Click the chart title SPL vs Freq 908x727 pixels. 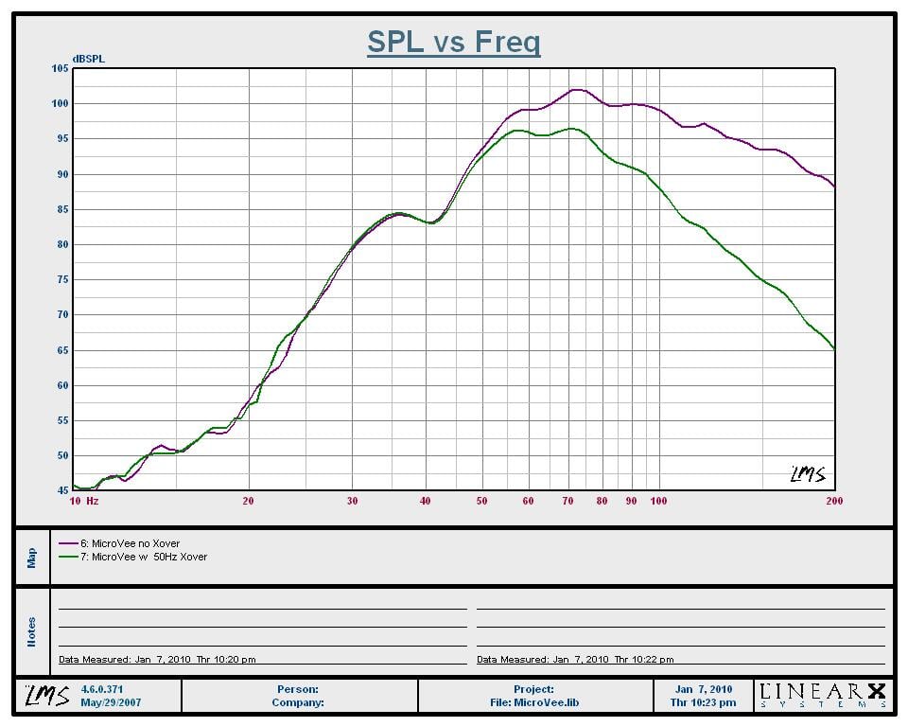tap(453, 43)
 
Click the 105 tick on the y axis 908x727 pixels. tap(61, 68)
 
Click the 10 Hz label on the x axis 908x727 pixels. tap(84, 501)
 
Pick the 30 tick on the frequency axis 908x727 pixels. tap(352, 501)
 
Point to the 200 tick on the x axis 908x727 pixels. tap(834, 501)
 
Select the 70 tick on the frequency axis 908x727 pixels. tap(568, 501)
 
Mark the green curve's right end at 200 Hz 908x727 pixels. tap(833, 348)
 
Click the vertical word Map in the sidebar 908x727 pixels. tap(31, 558)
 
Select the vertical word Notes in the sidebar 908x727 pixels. tap(31, 631)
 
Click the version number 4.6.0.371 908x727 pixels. tap(103, 689)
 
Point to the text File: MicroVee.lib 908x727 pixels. tap(534, 702)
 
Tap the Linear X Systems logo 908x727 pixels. tap(824, 696)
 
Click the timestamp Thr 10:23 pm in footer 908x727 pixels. tap(704, 702)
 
